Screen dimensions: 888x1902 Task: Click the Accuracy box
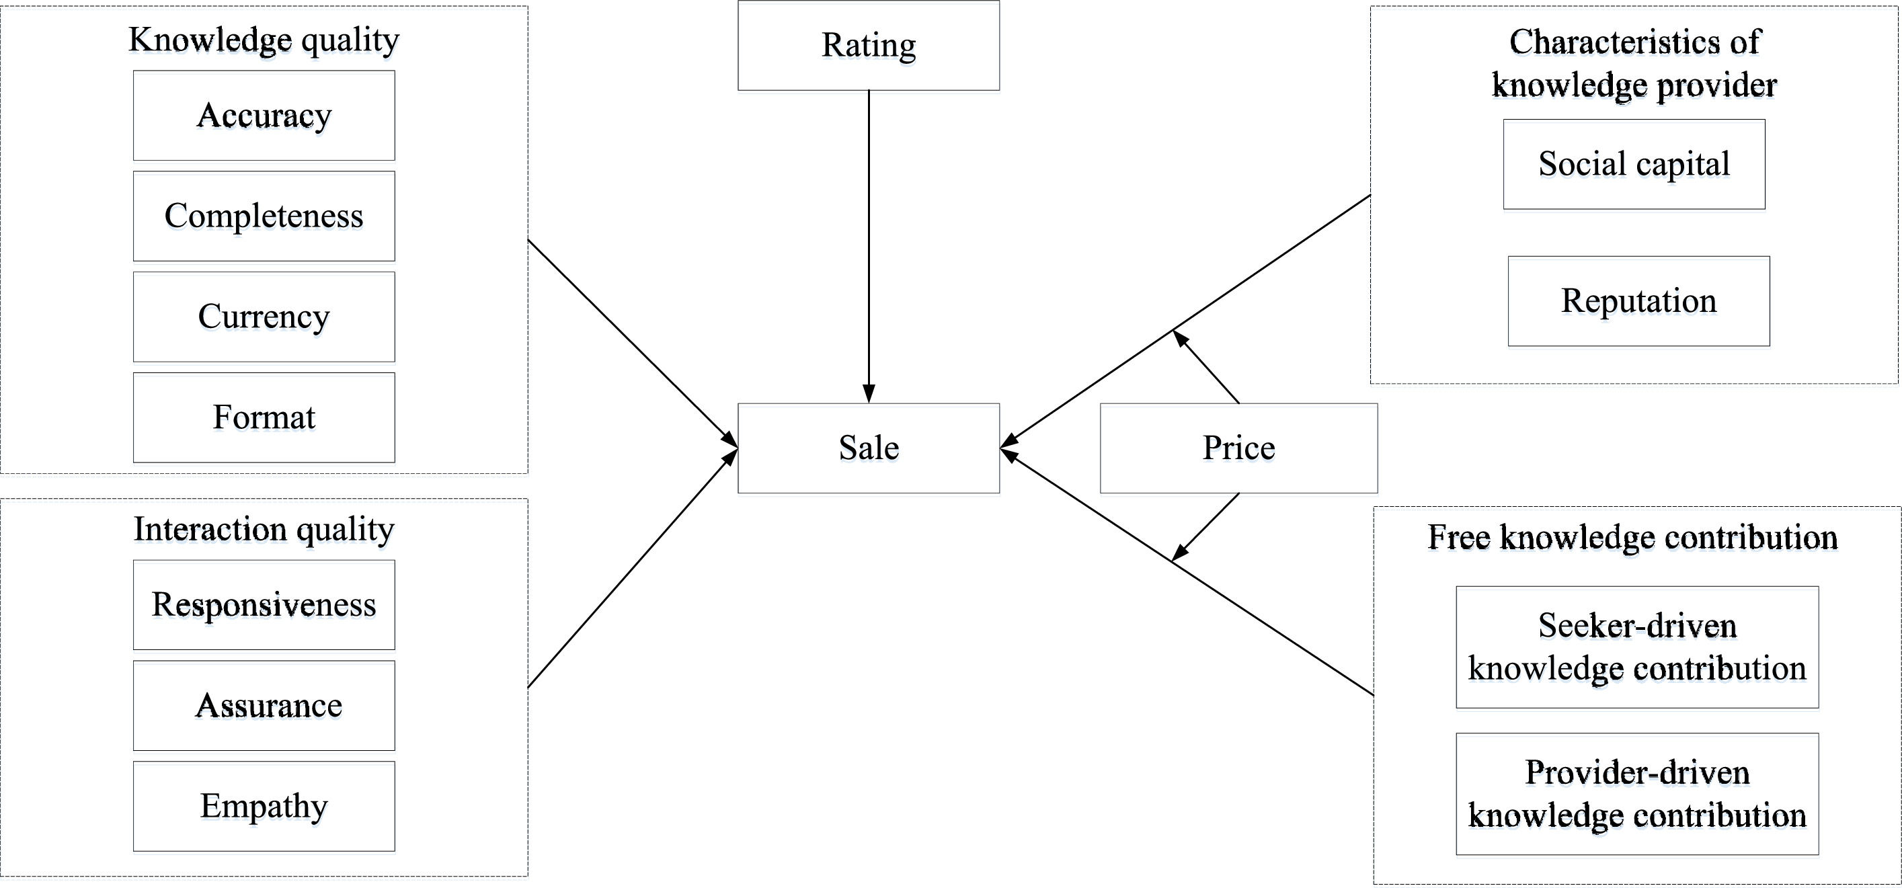point(264,115)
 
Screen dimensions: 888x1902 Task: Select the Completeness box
point(264,216)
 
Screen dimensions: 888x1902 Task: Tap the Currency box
point(264,317)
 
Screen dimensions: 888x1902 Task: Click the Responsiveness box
point(264,604)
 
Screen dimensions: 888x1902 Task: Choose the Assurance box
point(264,706)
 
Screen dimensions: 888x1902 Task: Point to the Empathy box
point(264,806)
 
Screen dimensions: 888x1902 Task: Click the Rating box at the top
point(869,46)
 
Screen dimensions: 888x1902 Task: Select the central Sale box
point(869,448)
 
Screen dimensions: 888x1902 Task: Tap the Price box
point(1238,448)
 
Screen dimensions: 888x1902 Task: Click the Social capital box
point(1634,164)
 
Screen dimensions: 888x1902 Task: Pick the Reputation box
point(1638,301)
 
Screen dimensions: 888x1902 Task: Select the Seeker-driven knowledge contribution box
point(1637,647)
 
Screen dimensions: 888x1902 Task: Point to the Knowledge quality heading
point(264,40)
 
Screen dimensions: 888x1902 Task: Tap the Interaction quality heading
point(264,529)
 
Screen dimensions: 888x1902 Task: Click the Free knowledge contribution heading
point(1632,537)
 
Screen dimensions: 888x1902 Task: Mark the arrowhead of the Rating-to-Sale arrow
point(869,394)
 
